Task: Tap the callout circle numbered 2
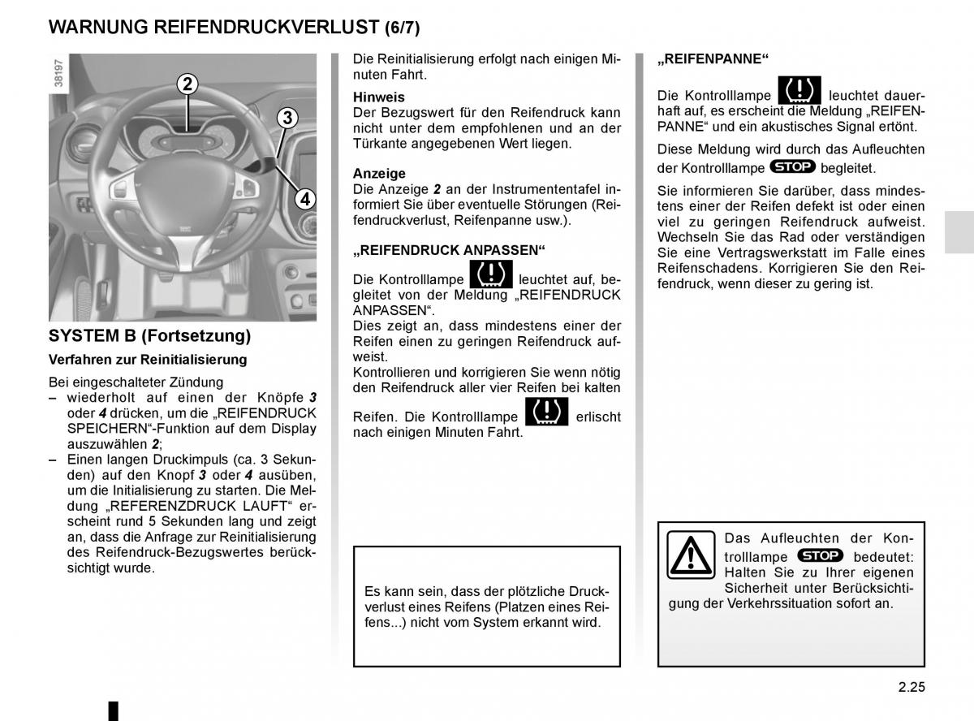tap(187, 84)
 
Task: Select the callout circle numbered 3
tap(287, 119)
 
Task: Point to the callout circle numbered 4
tap(304, 198)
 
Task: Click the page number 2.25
tap(912, 686)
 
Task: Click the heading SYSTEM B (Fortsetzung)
tap(150, 335)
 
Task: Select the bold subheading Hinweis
tap(379, 97)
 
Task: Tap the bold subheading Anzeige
tap(379, 173)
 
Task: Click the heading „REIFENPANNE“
tap(713, 58)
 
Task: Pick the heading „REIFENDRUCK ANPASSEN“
tap(449, 249)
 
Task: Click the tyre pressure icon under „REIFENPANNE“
tap(799, 91)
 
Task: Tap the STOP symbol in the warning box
tap(820, 555)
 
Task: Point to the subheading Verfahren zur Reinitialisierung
tap(148, 359)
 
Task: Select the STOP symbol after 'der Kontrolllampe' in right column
tap(792, 166)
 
